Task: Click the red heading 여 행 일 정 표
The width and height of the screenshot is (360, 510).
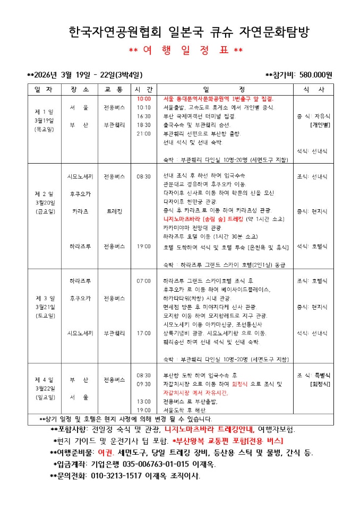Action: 186,50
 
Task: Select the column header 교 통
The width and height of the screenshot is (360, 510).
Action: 114,89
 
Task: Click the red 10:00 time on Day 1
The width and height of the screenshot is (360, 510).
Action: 144,99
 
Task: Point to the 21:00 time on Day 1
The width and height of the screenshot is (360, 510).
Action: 144,133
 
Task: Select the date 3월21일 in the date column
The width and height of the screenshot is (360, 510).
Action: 44,307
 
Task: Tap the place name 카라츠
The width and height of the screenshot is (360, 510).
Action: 80,211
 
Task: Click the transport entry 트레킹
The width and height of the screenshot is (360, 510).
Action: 114,211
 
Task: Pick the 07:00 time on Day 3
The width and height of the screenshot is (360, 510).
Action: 144,280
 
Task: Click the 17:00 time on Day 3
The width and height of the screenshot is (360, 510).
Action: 144,333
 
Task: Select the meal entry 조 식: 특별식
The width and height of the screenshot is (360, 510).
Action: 313,375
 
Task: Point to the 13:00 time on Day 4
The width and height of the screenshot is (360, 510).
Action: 144,401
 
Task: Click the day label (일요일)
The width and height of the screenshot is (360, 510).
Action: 44,397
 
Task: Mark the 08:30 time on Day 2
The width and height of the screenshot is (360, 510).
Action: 144,176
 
